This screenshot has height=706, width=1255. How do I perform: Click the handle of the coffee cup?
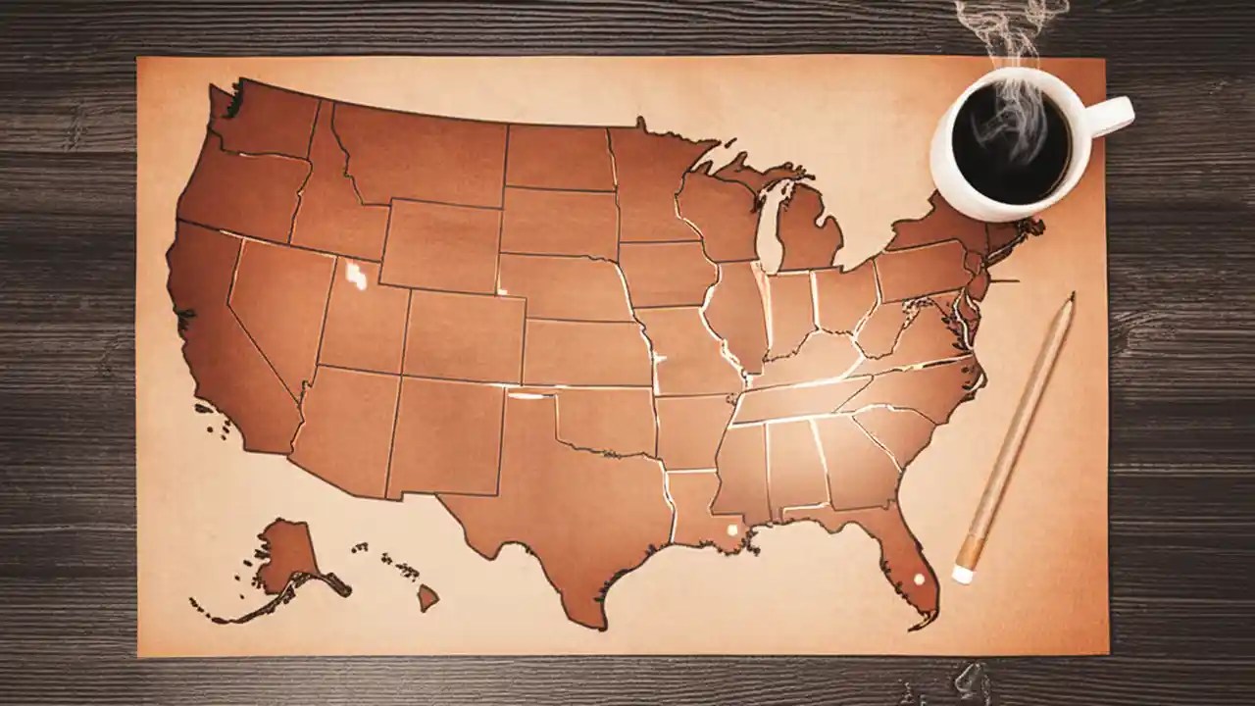1113,115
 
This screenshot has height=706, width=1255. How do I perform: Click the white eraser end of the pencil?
963,574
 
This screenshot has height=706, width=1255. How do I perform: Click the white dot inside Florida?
920,580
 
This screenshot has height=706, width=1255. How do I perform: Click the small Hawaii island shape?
427,596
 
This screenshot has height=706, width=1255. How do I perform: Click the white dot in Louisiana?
730,530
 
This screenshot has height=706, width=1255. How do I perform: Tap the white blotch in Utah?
356,276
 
